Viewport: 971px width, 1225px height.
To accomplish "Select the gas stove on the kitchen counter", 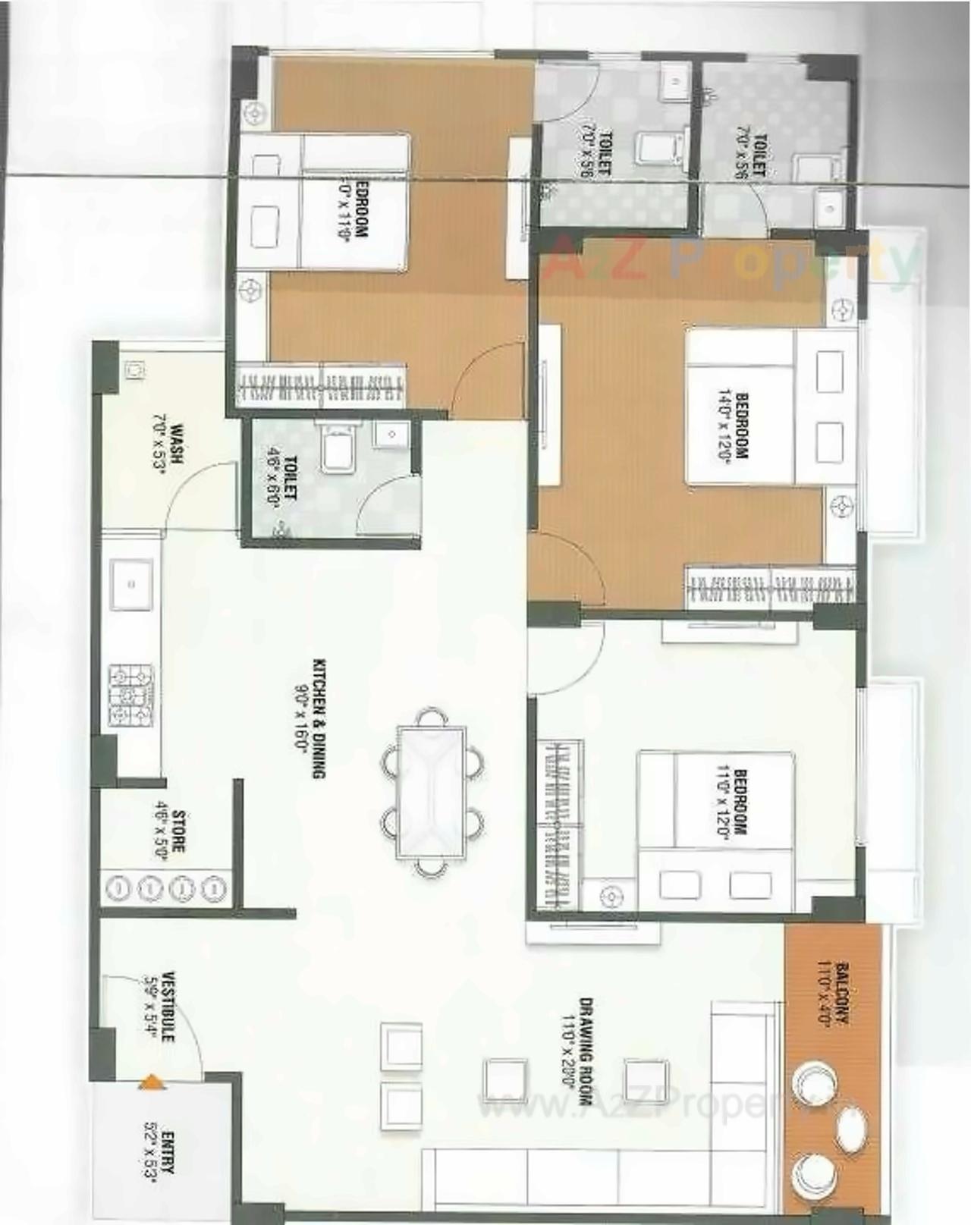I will (131, 696).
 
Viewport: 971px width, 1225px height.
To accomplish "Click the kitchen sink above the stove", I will (131, 584).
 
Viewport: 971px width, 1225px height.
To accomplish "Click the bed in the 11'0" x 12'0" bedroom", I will (715, 831).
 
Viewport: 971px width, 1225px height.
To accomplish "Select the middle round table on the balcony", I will (849, 1129).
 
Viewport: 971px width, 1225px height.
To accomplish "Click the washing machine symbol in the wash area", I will (135, 372).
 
